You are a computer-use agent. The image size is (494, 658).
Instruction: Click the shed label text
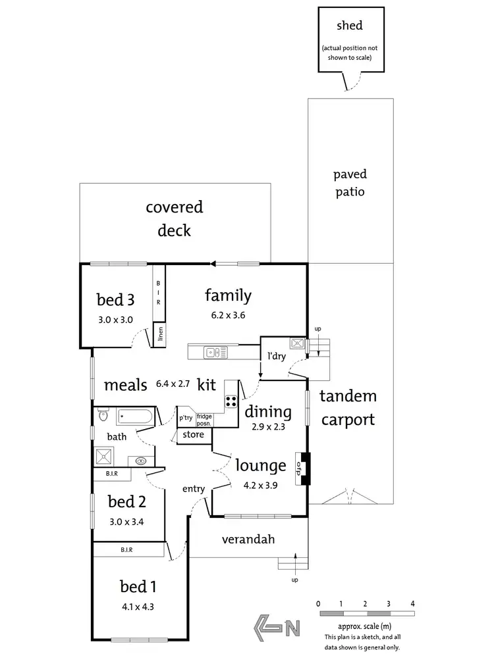[x=350, y=26]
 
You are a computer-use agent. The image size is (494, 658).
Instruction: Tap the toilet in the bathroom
[x=103, y=415]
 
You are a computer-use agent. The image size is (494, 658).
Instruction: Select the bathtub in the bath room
[x=135, y=417]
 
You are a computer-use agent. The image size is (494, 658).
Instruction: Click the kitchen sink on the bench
[x=215, y=352]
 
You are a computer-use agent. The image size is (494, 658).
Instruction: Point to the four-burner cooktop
[x=231, y=401]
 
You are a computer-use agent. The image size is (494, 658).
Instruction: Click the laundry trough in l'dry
[x=298, y=343]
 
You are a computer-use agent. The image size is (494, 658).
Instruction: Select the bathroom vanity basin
[x=140, y=461]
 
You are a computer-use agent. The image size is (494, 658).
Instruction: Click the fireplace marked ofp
[x=302, y=468]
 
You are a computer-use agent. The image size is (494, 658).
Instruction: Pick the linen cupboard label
[x=160, y=334]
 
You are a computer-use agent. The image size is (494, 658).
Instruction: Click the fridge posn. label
[x=204, y=420]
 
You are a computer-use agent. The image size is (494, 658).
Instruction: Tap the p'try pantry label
[x=186, y=418]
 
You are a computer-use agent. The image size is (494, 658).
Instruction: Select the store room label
[x=193, y=434]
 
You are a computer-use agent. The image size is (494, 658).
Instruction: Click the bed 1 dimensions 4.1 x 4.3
[x=138, y=607]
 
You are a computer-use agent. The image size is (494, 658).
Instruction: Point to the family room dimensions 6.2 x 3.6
[x=228, y=315]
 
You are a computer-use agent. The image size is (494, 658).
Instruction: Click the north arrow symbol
[x=277, y=628]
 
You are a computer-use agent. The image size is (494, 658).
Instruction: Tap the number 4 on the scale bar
[x=412, y=603]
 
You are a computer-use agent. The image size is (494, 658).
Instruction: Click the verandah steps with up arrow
[x=293, y=563]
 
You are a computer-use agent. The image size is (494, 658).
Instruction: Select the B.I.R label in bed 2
[x=112, y=473]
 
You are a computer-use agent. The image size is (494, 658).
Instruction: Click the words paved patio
[x=350, y=183]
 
